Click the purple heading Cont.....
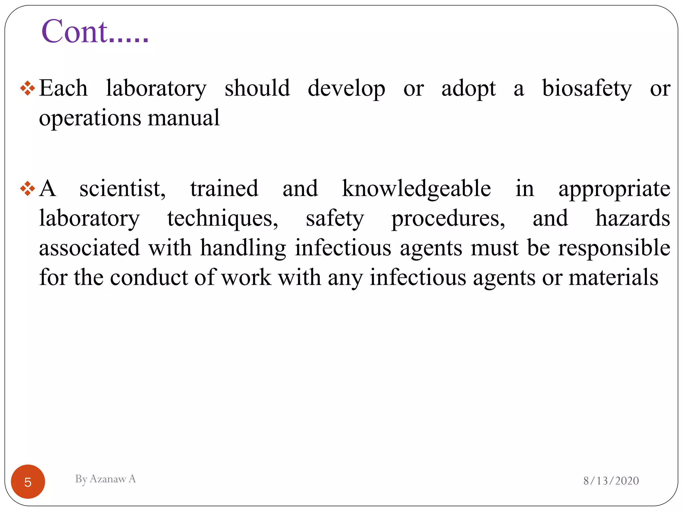95,32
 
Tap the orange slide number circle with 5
28,482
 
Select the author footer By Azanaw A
105,479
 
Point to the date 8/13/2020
611,481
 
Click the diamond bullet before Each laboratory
27,89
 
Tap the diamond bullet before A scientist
27,189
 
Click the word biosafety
587,89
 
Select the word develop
346,89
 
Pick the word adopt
469,89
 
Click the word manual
183,118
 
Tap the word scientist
122,189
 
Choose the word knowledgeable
416,189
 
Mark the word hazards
633,218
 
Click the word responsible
614,248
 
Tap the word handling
243,248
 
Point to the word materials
613,278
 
